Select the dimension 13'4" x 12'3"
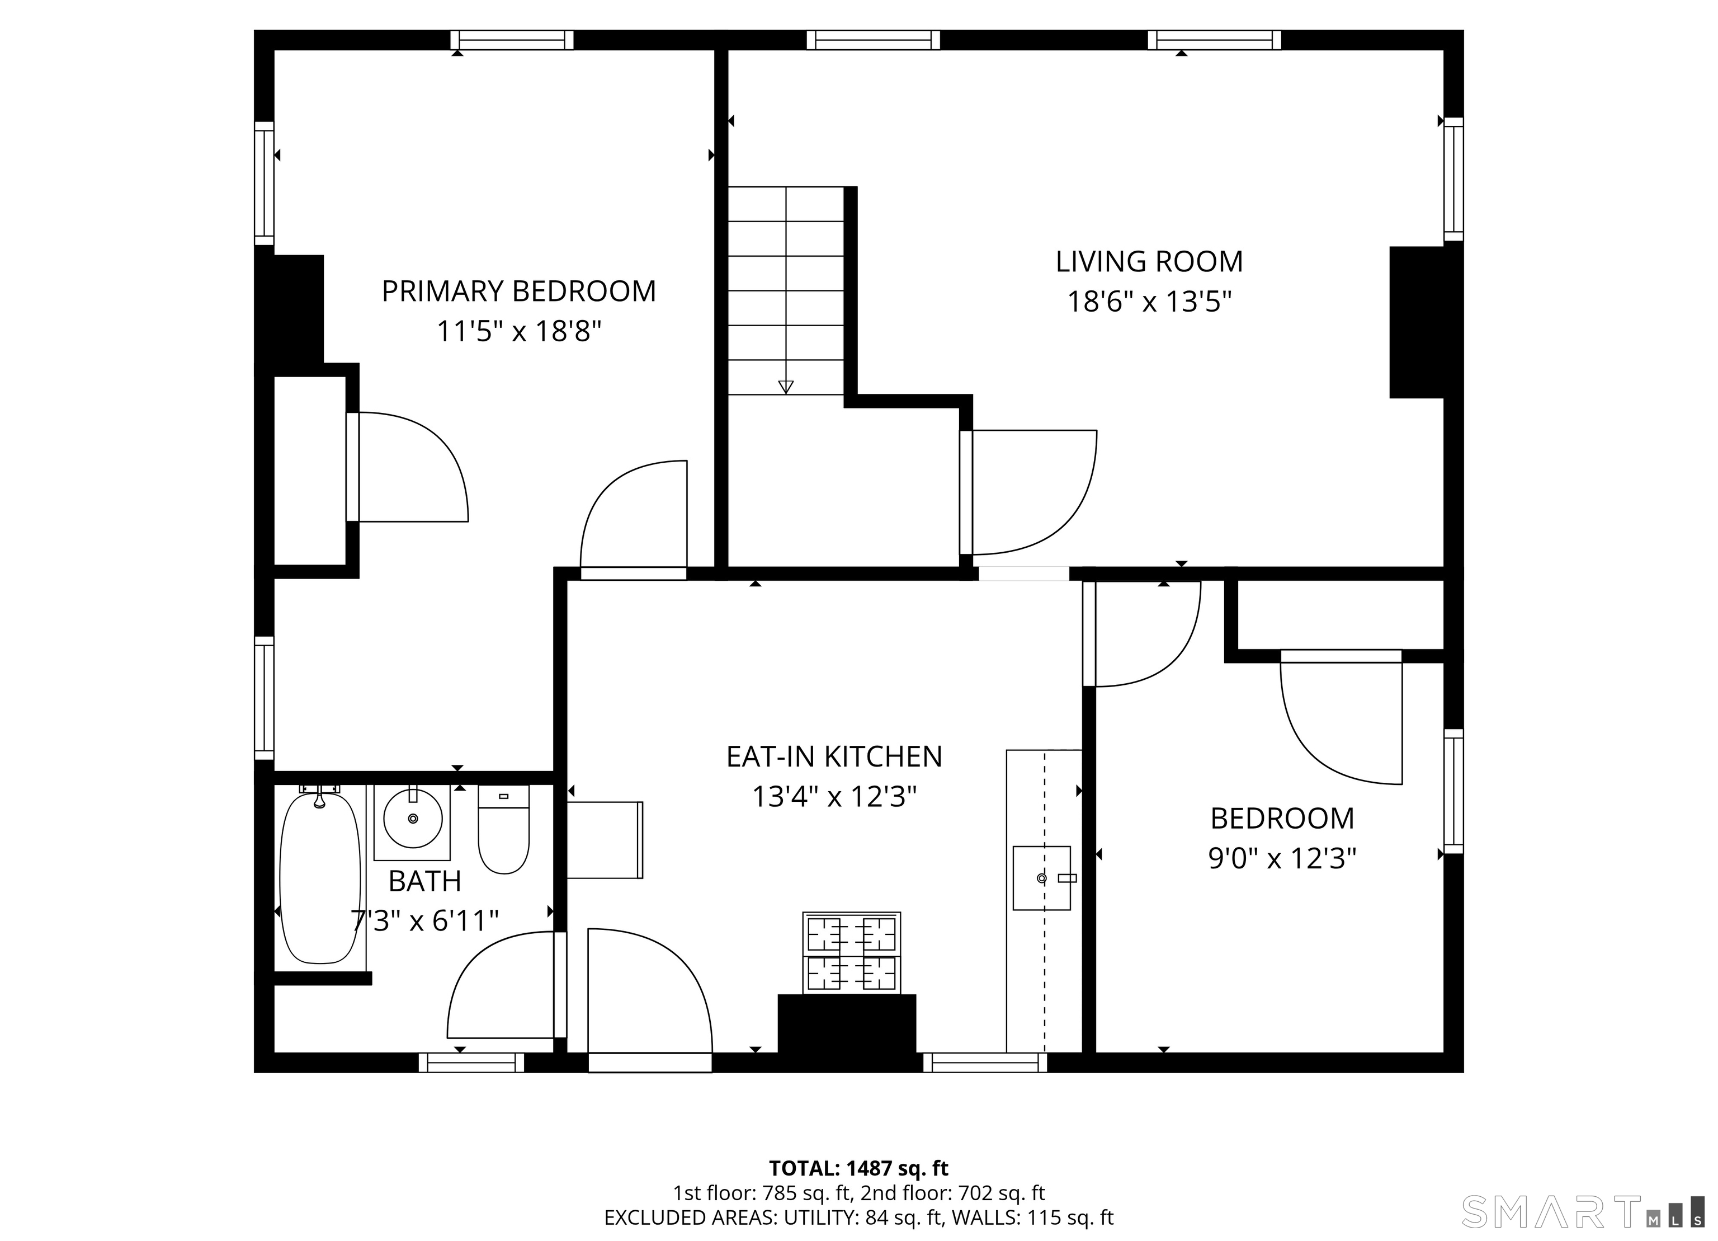click(x=834, y=797)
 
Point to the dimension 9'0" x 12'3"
click(x=1282, y=858)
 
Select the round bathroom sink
click(x=412, y=818)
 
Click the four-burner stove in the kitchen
click(x=851, y=952)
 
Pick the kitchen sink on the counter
click(x=1042, y=878)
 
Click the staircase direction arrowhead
click(x=786, y=387)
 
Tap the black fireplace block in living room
click(x=1417, y=322)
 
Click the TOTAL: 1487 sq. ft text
click(x=858, y=1168)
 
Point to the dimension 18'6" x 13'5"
click(x=1149, y=302)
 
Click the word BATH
click(x=424, y=881)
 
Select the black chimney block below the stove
click(x=847, y=1024)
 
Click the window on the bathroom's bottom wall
click(x=471, y=1062)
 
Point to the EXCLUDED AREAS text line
click(x=858, y=1218)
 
